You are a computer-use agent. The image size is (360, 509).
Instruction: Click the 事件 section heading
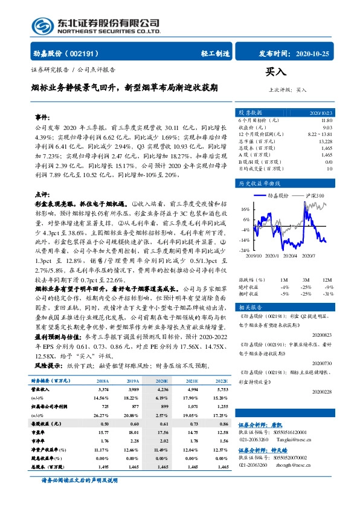[x=42, y=115]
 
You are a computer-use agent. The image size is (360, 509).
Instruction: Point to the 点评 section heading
[x=42, y=195]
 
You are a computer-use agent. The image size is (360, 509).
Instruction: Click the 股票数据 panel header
[x=251, y=113]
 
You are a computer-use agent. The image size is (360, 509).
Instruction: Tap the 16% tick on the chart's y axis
[x=245, y=210]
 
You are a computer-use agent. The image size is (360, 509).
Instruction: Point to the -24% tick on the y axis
[x=244, y=249]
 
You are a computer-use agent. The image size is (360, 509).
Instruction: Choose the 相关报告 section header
[x=250, y=306]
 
